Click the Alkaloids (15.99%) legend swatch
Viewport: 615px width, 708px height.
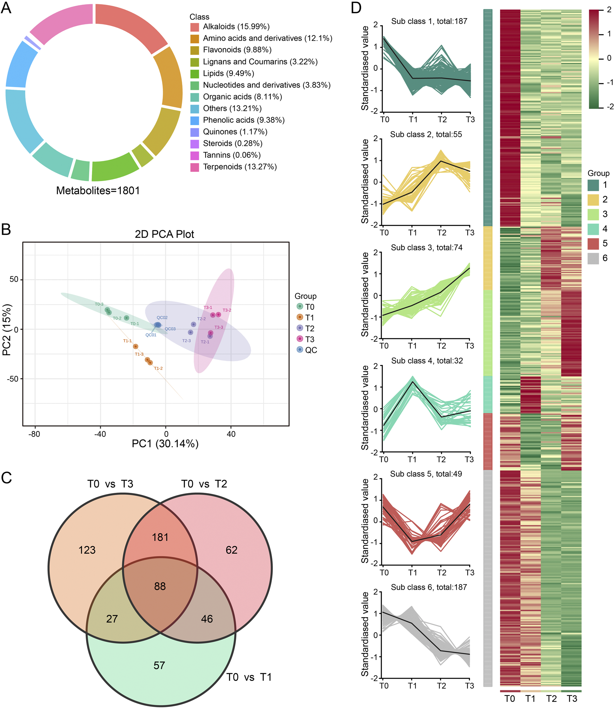pos(194,27)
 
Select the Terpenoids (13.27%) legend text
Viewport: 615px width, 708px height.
pos(239,167)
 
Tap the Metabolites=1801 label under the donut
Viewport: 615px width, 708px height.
pos(98,190)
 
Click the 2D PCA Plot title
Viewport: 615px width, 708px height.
pos(164,234)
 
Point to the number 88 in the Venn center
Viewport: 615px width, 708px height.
pos(160,586)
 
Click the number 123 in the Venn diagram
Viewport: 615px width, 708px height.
pos(87,550)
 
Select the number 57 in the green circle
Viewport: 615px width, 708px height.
pos(159,665)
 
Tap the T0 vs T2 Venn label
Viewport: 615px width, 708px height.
pos(204,484)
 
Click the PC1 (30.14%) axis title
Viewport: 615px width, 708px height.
pos(165,443)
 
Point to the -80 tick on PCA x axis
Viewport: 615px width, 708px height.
pos(34,434)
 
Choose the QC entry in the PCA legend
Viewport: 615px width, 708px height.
pos(311,350)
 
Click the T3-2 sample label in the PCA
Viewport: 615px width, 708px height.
pos(227,310)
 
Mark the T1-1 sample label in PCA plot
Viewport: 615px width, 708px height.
pos(127,341)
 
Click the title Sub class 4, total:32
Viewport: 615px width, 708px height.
pos(427,360)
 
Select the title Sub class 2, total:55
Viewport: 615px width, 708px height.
pos(426,134)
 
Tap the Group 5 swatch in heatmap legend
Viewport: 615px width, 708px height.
pos(593,244)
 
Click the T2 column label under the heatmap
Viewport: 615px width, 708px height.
pos(551,698)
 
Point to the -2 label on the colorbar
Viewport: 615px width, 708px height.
pos(610,107)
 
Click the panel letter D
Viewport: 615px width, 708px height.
pos(356,8)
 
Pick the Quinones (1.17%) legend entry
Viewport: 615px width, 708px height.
pos(235,132)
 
